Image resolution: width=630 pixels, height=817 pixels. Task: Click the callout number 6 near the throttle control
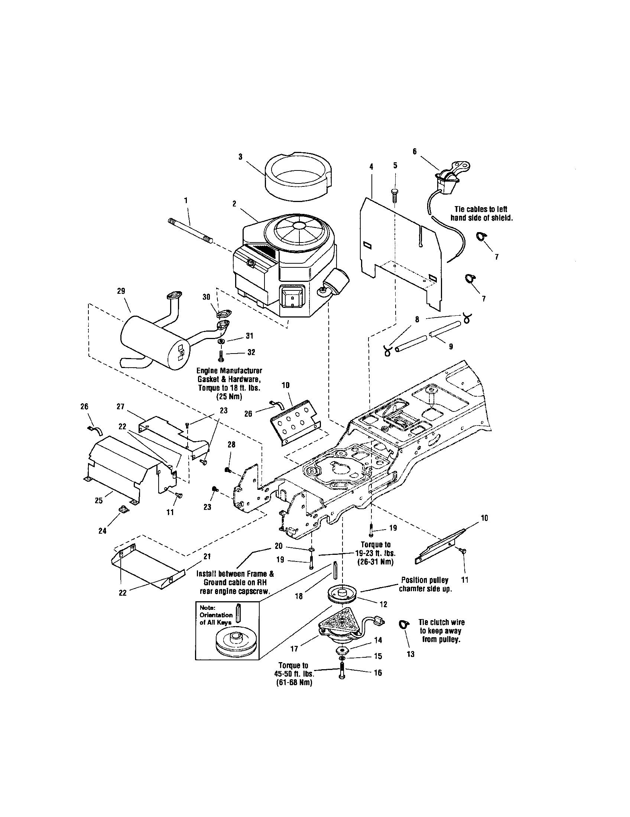[x=415, y=152]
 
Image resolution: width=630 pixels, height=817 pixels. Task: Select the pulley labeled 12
[x=342, y=595]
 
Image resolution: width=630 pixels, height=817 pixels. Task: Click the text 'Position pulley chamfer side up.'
[x=425, y=584]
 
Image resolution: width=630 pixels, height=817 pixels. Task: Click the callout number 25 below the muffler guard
[x=99, y=501]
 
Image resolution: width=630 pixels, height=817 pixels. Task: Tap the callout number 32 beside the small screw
[x=251, y=352]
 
